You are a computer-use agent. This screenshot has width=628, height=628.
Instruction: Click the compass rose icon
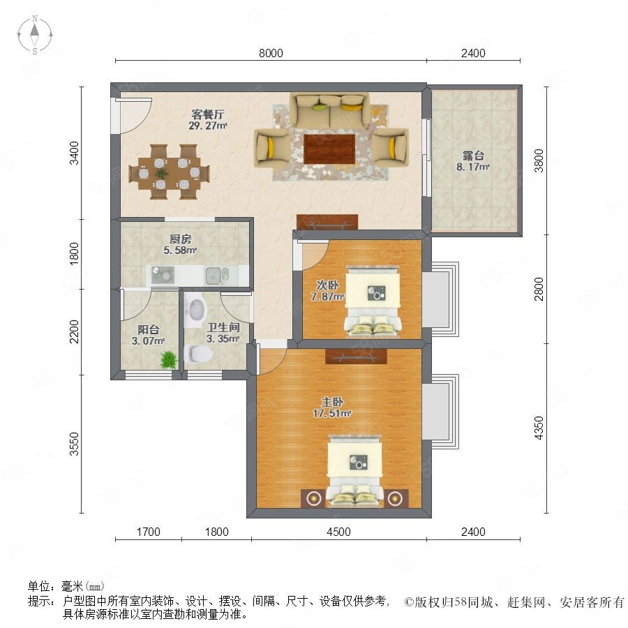35,34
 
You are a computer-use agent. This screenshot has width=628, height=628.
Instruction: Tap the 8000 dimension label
271,53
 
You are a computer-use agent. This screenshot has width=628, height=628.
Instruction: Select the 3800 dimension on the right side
539,160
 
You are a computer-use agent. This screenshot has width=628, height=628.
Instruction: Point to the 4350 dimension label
539,428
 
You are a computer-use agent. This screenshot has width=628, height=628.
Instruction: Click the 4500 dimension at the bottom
338,532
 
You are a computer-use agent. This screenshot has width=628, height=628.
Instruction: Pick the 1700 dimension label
148,532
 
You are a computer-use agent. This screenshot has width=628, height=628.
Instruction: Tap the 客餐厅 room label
207,114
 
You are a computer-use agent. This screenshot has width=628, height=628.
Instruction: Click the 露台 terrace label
473,156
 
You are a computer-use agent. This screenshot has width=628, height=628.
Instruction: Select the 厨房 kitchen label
180,239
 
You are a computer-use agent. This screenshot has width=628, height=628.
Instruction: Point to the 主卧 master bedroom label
332,402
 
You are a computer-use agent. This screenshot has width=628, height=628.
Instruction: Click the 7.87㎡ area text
327,297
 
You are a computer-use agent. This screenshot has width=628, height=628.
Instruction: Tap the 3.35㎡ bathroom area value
223,338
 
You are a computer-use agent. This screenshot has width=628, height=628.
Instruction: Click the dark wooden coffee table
329,149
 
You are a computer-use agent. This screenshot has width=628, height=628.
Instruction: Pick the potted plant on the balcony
169,359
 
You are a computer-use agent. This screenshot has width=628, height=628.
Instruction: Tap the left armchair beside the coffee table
272,148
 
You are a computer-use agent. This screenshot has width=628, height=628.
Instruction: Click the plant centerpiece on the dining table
161,174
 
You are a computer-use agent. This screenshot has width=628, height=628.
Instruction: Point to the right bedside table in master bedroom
396,498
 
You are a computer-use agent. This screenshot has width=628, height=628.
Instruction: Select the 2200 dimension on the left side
75,331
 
